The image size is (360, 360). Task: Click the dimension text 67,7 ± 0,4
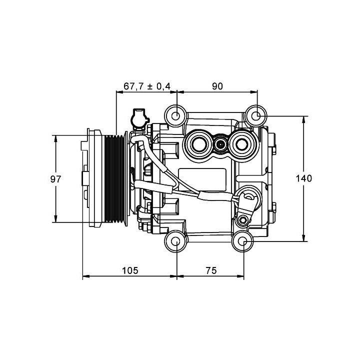[x=147, y=86]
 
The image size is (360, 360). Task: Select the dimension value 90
[x=217, y=86]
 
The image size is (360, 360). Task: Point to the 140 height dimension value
[x=303, y=179]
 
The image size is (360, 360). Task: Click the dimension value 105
[x=129, y=270]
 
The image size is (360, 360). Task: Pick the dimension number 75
[x=210, y=270]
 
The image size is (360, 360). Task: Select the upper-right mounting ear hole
[x=256, y=116]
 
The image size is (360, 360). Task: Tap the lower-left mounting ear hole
[x=176, y=242]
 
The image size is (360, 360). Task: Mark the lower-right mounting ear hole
[x=243, y=242]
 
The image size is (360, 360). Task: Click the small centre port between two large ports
[x=220, y=145]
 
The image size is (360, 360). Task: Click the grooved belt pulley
[x=115, y=178]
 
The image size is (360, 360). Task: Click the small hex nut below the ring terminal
[x=243, y=220]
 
